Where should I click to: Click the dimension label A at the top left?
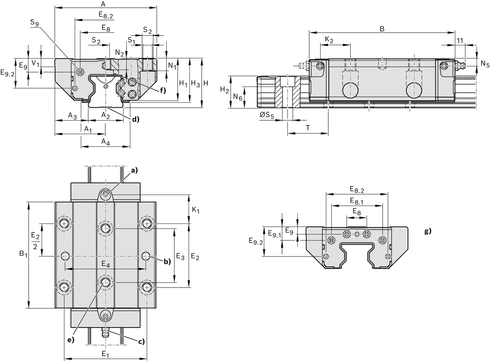coord(103,4)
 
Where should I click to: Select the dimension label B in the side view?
coord(382,29)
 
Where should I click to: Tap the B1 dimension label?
coord(23,255)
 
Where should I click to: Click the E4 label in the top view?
coord(105,264)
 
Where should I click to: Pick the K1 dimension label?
coord(196,210)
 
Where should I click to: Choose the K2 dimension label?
coord(329,40)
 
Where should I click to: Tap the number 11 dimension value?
coord(459,40)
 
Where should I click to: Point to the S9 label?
coord(35,23)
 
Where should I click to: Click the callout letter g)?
coord(428,231)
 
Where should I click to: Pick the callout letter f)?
coord(162,90)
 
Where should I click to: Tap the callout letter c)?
coord(141,341)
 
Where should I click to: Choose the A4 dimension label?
coord(105,142)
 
